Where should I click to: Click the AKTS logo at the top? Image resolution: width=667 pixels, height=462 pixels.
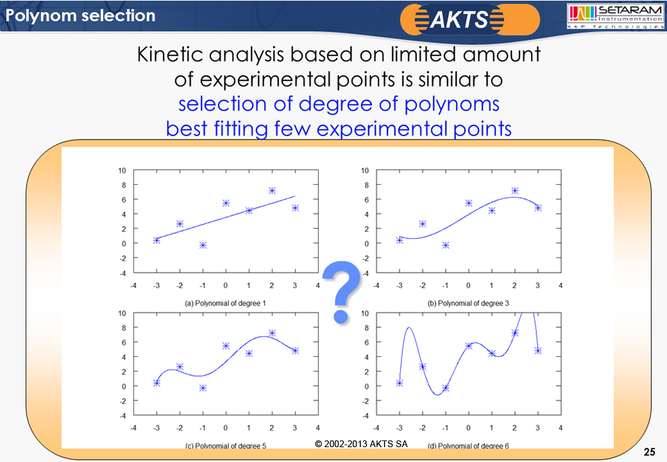[470, 18]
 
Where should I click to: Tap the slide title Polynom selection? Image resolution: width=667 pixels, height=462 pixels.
[78, 15]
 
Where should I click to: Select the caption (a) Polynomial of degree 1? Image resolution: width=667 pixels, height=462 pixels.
[225, 304]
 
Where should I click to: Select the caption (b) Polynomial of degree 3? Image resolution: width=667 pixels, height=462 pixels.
[468, 304]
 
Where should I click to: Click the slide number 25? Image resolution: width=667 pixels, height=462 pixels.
[649, 452]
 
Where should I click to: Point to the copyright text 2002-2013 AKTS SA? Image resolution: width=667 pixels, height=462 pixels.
[361, 444]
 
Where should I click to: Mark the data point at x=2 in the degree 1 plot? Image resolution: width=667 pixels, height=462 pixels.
[272, 191]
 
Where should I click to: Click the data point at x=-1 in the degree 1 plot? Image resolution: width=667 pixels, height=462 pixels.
[203, 245]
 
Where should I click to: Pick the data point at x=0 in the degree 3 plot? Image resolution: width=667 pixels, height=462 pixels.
[469, 203]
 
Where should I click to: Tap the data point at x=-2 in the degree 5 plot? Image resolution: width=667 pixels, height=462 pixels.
[180, 367]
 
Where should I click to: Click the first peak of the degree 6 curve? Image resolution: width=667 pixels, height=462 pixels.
[408, 328]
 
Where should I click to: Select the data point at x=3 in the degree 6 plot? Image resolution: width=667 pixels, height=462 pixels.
[538, 351]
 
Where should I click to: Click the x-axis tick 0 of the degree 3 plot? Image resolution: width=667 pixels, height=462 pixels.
[469, 285]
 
